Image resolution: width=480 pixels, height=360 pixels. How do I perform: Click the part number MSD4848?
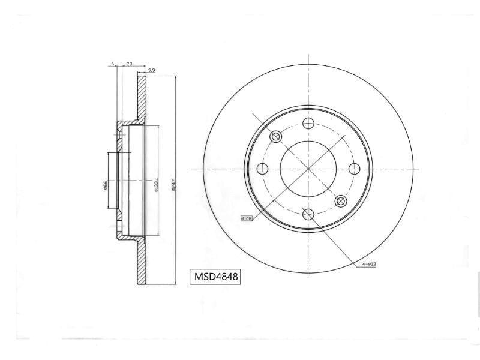tap(215, 277)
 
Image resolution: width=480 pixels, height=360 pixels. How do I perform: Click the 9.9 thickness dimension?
tap(151, 71)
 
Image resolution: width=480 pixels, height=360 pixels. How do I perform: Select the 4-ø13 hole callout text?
tap(368, 264)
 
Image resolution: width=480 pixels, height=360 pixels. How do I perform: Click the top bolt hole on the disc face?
tap(308, 124)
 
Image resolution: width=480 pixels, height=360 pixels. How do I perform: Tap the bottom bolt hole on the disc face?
tap(308, 214)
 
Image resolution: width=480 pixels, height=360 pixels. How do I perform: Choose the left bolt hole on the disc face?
tap(263, 169)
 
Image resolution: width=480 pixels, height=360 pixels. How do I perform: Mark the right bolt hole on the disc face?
tap(354, 169)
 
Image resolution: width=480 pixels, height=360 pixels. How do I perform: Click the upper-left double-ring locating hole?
tap(276, 137)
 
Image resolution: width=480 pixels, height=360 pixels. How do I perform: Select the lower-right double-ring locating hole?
tap(341, 201)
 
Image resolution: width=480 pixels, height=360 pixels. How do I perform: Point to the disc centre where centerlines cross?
tap(308, 169)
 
